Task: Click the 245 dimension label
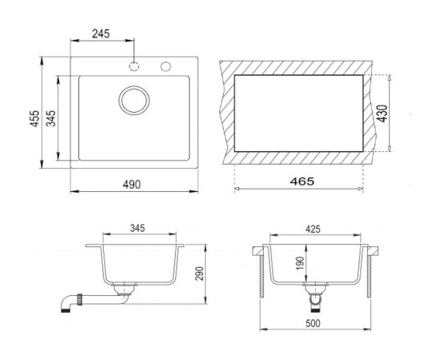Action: tap(101, 34)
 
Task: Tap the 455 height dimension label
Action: tap(35, 118)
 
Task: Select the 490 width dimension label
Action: tap(132, 184)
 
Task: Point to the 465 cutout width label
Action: tap(302, 182)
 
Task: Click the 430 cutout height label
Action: tap(382, 114)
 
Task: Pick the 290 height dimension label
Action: tap(199, 274)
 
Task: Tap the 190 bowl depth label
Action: tap(300, 263)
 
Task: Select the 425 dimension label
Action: tap(313, 230)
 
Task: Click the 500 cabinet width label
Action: tap(313, 323)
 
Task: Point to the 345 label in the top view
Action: tap(51, 118)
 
